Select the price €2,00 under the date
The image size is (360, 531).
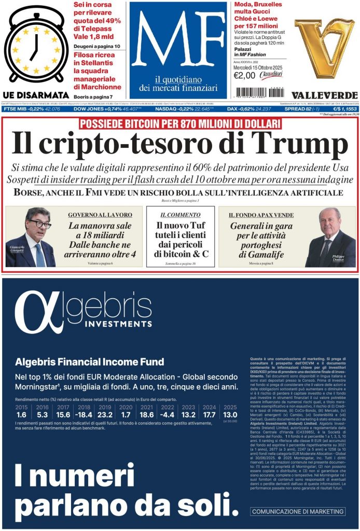pyautogui.click(x=245, y=76)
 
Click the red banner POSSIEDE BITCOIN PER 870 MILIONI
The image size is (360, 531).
pyautogui.click(x=179, y=124)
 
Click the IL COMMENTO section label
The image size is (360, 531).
pyautogui.click(x=180, y=214)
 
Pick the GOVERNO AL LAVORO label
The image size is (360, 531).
pyautogui.click(x=100, y=214)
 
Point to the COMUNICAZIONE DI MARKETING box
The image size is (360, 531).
pyautogui.click(x=298, y=512)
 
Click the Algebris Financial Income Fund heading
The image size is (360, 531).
pyautogui.click(x=90, y=361)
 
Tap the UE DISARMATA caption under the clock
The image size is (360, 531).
pyautogui.click(x=35, y=95)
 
